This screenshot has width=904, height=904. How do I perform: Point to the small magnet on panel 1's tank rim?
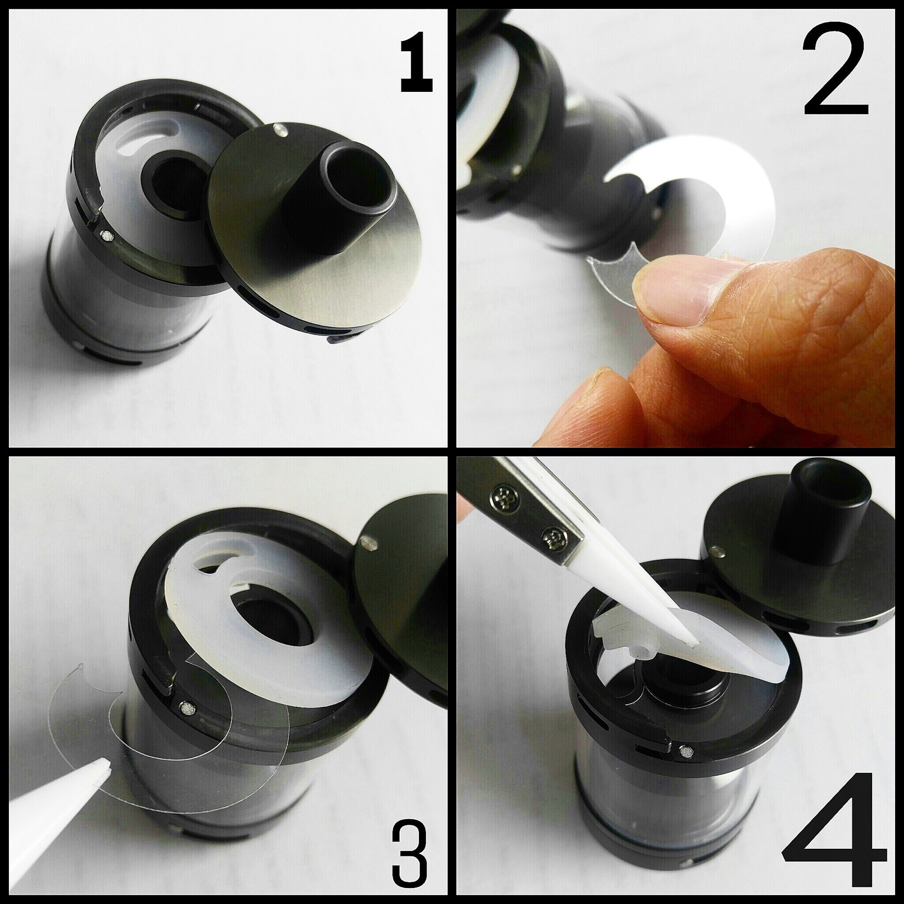[x=107, y=236]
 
